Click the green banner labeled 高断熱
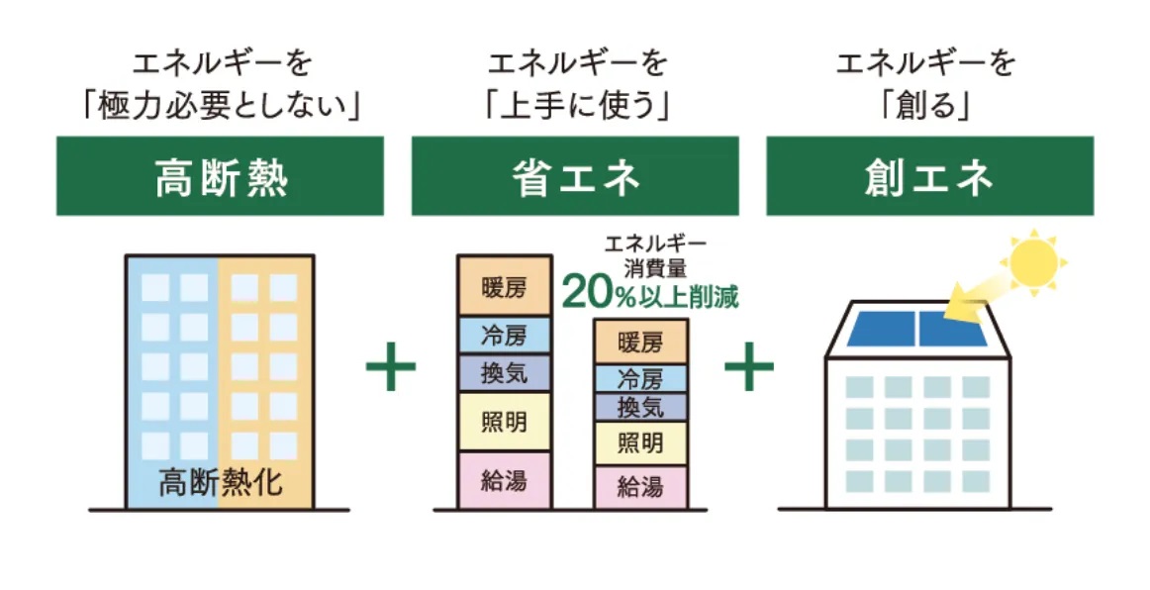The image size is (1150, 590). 220,176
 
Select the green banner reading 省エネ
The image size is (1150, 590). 575,176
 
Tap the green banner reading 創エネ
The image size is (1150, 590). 929,176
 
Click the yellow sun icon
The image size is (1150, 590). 1031,261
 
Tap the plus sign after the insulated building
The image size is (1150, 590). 391,368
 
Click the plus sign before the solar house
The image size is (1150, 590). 749,368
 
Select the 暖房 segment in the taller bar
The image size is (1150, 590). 505,287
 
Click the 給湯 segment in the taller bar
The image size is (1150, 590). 505,481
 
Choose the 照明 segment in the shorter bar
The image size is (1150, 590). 640,442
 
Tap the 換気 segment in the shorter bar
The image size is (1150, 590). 640,406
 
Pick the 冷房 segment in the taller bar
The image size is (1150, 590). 505,336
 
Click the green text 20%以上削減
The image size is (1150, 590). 650,293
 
